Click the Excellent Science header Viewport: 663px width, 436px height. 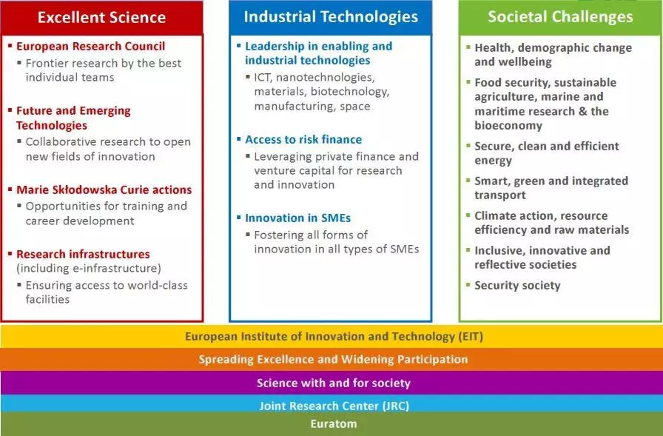pyautogui.click(x=101, y=17)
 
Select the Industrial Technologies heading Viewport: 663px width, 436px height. pyautogui.click(x=331, y=17)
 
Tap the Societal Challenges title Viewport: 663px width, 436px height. pyautogui.click(x=560, y=17)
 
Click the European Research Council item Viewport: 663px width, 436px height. pyautogui.click(x=90, y=46)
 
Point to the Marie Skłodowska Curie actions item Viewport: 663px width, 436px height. pyautogui.click(x=104, y=190)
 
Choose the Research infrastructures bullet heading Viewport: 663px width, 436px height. pyautogui.click(x=83, y=254)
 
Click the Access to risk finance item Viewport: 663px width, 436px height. pyautogui.click(x=303, y=140)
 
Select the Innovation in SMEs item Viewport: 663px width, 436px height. pyautogui.click(x=298, y=218)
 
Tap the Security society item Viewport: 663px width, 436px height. pyautogui.click(x=517, y=286)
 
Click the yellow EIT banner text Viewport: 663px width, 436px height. pyautogui.click(x=334, y=337)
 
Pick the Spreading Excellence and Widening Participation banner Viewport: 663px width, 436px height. pyautogui.click(x=333, y=360)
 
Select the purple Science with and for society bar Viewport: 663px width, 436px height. pyautogui.click(x=334, y=383)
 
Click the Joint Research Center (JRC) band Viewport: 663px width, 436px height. pyautogui.click(x=334, y=406)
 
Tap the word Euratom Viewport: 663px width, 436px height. pyautogui.click(x=334, y=423)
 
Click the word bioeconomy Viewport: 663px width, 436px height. pyautogui.click(x=508, y=126)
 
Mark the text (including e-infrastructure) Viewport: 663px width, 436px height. pyautogui.click(x=89, y=269)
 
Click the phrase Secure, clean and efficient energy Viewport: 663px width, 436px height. pyautogui.click(x=547, y=153)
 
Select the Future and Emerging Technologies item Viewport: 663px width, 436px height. pyautogui.click(x=73, y=118)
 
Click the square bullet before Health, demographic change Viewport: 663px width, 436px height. pyautogui.click(x=468, y=47)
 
